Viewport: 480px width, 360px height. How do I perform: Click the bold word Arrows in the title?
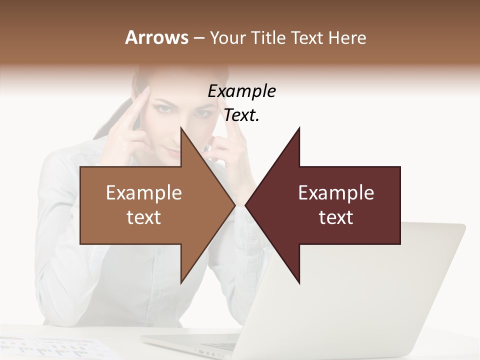click(x=156, y=37)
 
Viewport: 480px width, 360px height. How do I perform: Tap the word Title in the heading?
click(x=267, y=38)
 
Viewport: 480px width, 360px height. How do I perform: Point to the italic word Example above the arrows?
click(x=241, y=91)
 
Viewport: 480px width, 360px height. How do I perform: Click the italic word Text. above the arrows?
click(x=241, y=115)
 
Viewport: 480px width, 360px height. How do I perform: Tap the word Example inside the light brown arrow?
click(x=144, y=192)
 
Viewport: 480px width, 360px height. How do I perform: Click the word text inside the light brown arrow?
click(x=144, y=217)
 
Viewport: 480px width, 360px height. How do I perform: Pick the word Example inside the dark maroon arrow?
click(x=336, y=192)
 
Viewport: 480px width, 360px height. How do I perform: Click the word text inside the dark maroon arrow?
click(x=336, y=217)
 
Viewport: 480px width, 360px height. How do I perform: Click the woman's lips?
click(x=172, y=152)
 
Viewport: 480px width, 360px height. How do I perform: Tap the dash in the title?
click(x=198, y=38)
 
